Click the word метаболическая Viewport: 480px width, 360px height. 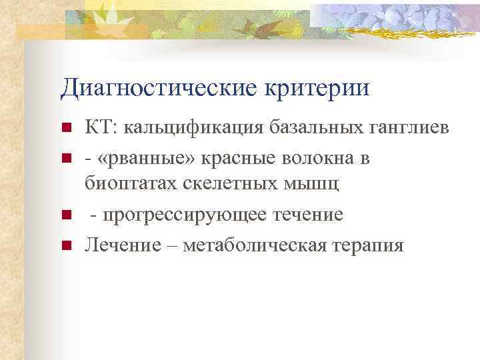click(254, 245)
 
